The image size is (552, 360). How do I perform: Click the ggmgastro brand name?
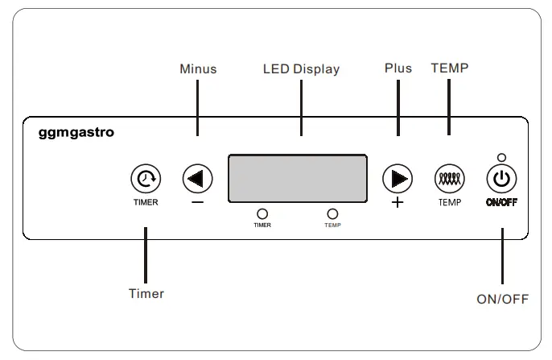[76, 132]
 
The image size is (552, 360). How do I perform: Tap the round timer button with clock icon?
[146, 178]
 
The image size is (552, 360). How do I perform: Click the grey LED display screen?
[298, 178]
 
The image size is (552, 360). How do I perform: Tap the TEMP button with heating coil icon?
[449, 178]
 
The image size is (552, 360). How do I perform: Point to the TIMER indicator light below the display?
[262, 213]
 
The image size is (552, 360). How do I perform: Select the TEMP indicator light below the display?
[332, 213]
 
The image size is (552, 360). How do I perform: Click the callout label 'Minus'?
[198, 69]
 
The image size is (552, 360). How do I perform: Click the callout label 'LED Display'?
[301, 69]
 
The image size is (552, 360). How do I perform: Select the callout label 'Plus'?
[398, 68]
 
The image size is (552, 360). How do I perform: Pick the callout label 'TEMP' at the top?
[449, 68]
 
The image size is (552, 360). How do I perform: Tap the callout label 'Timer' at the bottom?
[146, 294]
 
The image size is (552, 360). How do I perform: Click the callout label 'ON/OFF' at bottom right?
[502, 299]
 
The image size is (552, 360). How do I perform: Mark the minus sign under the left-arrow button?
[198, 203]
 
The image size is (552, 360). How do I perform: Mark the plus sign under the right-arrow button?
[398, 203]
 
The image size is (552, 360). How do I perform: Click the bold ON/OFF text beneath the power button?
[501, 202]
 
